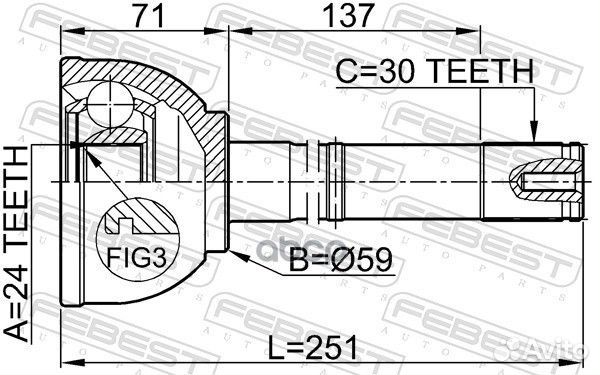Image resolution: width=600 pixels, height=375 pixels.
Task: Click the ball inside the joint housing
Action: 109,102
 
